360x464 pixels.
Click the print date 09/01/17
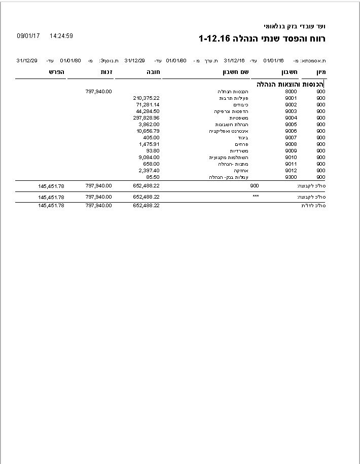click(x=28, y=36)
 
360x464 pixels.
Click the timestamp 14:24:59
click(x=61, y=36)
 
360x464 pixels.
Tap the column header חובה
click(x=153, y=72)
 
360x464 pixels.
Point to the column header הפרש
click(x=57, y=72)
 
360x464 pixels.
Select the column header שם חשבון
click(x=236, y=72)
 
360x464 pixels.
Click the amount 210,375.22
click(x=147, y=98)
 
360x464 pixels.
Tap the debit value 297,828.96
click(x=147, y=118)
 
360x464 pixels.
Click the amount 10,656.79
click(x=148, y=131)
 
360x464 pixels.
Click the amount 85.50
click(x=153, y=177)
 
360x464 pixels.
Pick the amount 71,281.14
click(x=148, y=105)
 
